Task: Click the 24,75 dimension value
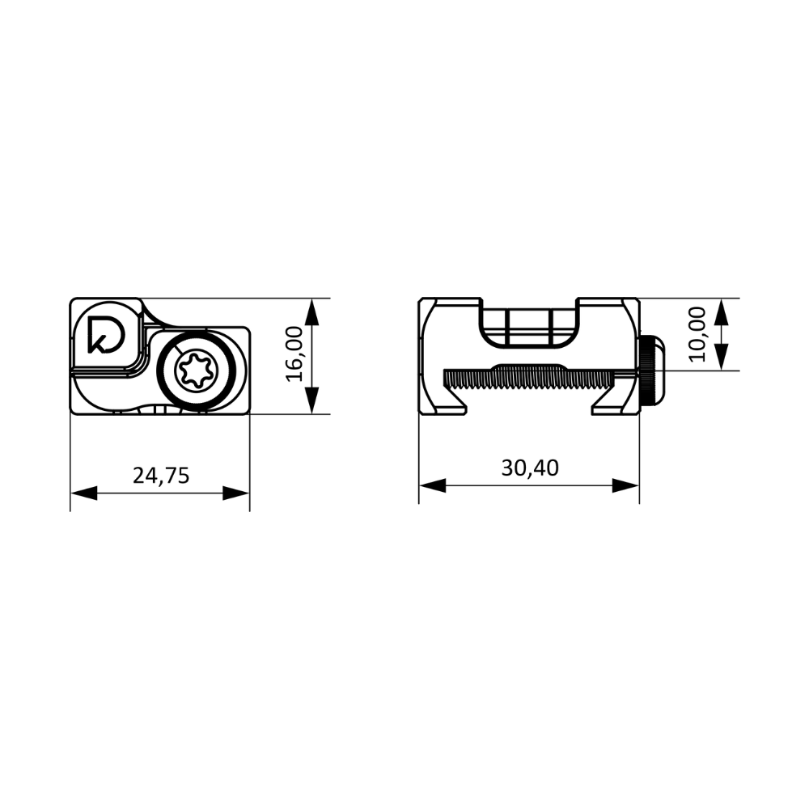coord(161,477)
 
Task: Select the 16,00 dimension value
coord(295,354)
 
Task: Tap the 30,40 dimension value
coord(530,468)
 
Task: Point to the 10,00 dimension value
coord(697,334)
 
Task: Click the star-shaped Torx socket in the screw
coord(197,369)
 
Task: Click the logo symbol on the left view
coord(106,333)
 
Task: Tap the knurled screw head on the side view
coord(653,371)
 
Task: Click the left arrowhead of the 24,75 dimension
coord(83,493)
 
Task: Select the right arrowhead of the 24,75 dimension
coord(236,493)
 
